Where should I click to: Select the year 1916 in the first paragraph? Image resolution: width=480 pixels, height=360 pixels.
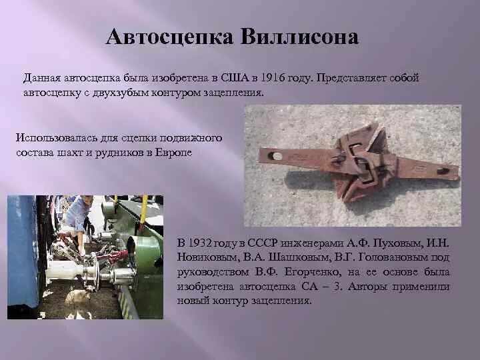point(275,79)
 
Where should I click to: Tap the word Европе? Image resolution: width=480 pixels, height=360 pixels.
point(175,152)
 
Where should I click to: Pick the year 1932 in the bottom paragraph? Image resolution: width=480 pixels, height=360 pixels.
point(203,241)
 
